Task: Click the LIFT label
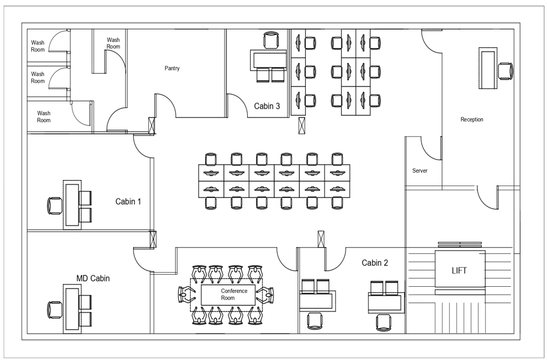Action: [459, 271]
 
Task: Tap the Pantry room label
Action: [172, 68]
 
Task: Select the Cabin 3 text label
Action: [267, 106]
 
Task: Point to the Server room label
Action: [420, 171]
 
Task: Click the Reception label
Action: [471, 119]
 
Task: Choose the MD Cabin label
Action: [93, 278]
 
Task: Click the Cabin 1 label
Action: [128, 202]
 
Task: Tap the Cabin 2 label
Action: [375, 263]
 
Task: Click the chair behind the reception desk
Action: [506, 71]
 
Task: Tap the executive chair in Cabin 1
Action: [55, 205]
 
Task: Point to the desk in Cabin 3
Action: [269, 59]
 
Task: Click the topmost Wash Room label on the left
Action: [38, 46]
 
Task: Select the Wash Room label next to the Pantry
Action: [113, 44]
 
